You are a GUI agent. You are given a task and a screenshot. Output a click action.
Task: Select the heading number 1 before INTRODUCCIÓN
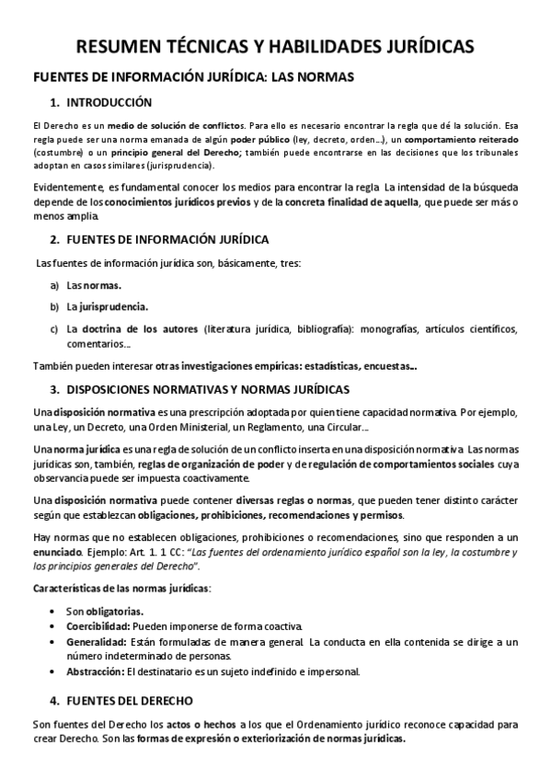tap(54, 102)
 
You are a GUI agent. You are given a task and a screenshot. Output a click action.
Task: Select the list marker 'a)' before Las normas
tap(55, 285)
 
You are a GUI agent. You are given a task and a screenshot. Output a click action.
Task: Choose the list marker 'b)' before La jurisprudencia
tap(55, 306)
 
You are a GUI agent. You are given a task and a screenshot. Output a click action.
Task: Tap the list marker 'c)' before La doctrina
tap(55, 327)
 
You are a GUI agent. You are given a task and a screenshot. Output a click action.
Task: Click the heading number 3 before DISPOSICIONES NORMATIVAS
tap(54, 389)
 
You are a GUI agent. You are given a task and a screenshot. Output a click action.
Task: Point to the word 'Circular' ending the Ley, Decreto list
tap(344, 428)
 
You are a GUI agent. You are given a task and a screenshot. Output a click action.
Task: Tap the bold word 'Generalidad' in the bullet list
tap(96, 641)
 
